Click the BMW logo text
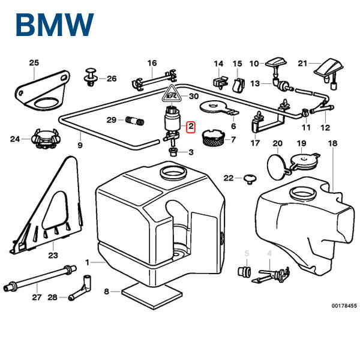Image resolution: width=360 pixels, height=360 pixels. pos(55,25)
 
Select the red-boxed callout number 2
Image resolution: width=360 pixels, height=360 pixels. pos(190,127)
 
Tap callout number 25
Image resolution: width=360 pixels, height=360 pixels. pos(34,62)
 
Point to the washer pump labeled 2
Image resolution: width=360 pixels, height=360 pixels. pos(172,123)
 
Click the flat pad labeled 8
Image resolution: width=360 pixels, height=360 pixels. pos(151,293)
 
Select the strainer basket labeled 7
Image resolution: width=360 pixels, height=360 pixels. pos(211,139)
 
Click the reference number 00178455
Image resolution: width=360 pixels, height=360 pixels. pos(344,306)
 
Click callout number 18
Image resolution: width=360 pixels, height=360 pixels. pos(333,143)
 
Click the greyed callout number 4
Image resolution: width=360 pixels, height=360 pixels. pos(269,254)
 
